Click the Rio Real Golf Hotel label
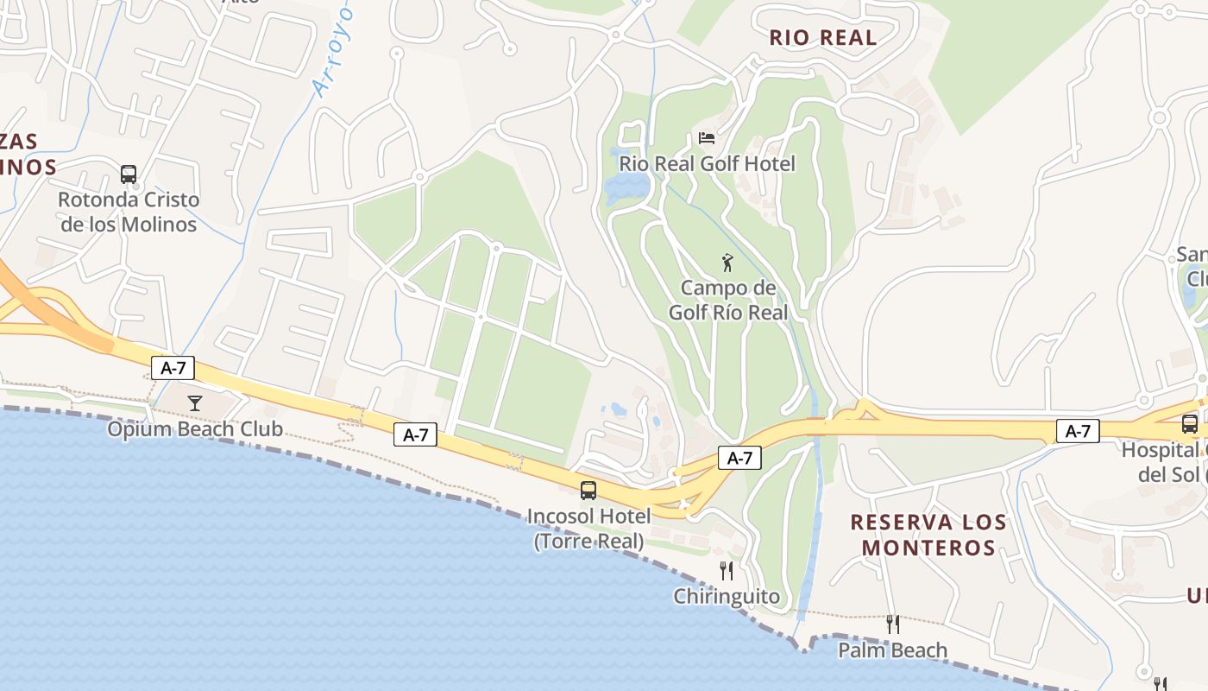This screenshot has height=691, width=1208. pyautogui.click(x=708, y=163)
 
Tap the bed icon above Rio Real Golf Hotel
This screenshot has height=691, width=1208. pyautogui.click(x=707, y=138)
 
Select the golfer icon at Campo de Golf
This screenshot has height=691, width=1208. pyautogui.click(x=727, y=262)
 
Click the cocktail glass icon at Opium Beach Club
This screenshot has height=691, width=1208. pyautogui.click(x=195, y=403)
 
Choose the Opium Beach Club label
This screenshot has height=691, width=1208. pyautogui.click(x=195, y=428)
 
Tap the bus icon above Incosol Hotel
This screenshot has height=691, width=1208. pyautogui.click(x=588, y=491)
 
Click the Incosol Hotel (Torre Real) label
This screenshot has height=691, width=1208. pyautogui.click(x=588, y=529)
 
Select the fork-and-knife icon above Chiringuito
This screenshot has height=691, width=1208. pyautogui.click(x=727, y=570)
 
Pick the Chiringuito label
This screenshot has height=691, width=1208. pyautogui.click(x=727, y=596)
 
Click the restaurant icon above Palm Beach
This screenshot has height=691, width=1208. pyautogui.click(x=893, y=624)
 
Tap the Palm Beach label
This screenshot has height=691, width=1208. pyautogui.click(x=893, y=650)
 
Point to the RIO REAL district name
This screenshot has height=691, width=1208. pyautogui.click(x=822, y=37)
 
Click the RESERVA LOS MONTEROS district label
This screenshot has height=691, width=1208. pyautogui.click(x=928, y=535)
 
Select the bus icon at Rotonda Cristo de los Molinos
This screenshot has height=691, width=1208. pyautogui.click(x=129, y=174)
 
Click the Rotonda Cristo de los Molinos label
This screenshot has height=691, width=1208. pyautogui.click(x=129, y=212)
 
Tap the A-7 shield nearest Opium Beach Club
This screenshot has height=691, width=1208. pyautogui.click(x=173, y=368)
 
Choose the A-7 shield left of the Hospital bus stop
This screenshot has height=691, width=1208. pyautogui.click(x=1078, y=431)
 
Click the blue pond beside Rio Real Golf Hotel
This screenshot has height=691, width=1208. pyautogui.click(x=628, y=187)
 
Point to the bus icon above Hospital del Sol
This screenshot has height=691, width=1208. pyautogui.click(x=1189, y=424)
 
